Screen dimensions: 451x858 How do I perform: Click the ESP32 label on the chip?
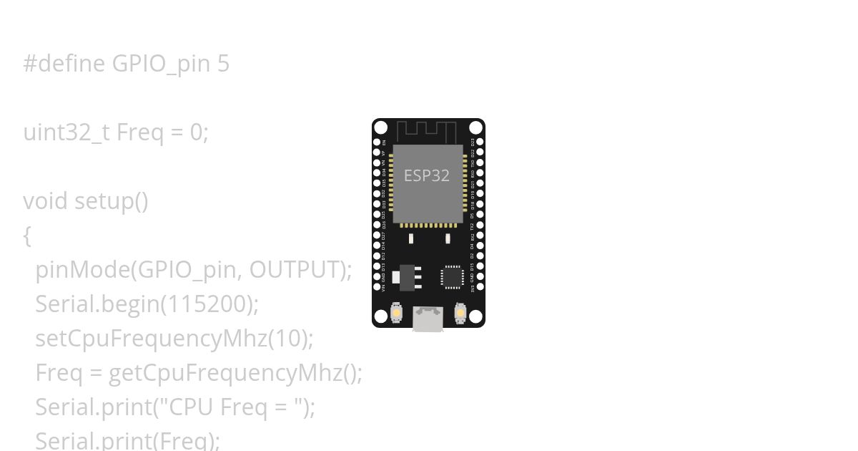pyautogui.click(x=427, y=175)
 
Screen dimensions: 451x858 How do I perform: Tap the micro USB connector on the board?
pyautogui.click(x=428, y=319)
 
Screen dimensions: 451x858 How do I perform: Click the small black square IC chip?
pyautogui.click(x=453, y=276)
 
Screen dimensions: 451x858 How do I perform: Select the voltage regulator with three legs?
pyautogui.click(x=408, y=277)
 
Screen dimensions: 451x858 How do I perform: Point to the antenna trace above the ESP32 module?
pyautogui.click(x=426, y=131)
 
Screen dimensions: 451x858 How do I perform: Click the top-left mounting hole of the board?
pyautogui.click(x=381, y=128)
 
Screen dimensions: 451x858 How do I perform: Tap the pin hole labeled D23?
pyautogui.click(x=480, y=142)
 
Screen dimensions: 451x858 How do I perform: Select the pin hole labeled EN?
pyautogui.click(x=377, y=142)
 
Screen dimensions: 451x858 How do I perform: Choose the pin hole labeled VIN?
pyautogui.click(x=377, y=287)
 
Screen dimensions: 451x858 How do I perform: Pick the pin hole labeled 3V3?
pyautogui.click(x=480, y=287)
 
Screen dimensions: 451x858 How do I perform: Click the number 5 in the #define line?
pyautogui.click(x=223, y=64)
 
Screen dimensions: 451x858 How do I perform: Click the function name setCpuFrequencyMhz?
pyautogui.click(x=151, y=339)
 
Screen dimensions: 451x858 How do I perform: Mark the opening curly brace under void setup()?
pyautogui.click(x=27, y=236)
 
